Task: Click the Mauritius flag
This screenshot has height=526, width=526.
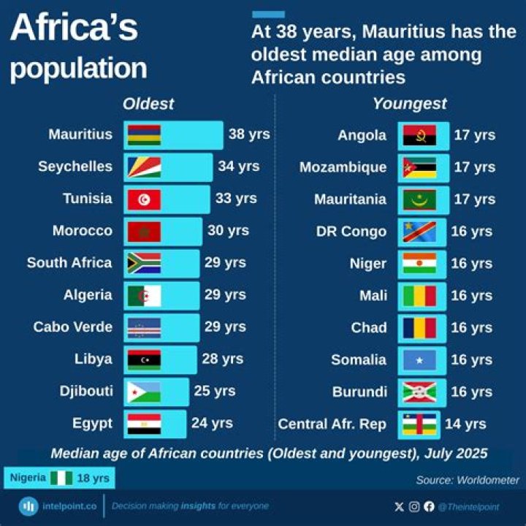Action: pos(144,135)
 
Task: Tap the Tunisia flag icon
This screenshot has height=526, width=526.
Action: pos(144,199)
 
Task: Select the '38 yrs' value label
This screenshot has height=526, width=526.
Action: pos(248,134)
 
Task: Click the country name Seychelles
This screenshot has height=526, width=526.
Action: pos(75,167)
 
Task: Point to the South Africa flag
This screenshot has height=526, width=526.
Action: pos(144,263)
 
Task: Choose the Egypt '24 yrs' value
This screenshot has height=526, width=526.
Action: pos(212,423)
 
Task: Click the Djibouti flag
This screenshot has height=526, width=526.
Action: pos(144,392)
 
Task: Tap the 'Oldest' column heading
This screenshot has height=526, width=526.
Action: pos(148,104)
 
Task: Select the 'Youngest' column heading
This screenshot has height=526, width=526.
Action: pos(410,104)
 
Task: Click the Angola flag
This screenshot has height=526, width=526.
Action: pos(419,135)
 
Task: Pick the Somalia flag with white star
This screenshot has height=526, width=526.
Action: pos(419,360)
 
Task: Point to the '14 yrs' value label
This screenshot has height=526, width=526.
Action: pos(465,424)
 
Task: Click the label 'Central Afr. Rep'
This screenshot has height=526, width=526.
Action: pos(333,424)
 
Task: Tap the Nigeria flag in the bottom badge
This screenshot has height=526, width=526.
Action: pos(61,478)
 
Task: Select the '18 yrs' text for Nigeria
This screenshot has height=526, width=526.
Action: pos(92,478)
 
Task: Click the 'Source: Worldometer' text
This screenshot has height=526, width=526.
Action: pos(468,480)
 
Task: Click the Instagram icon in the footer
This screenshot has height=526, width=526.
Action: pos(414,506)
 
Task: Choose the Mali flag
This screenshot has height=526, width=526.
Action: pos(419,296)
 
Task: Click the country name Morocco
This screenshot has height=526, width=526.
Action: pos(83,231)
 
